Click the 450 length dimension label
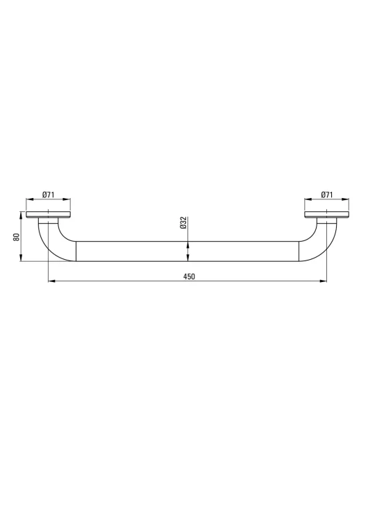(x=189, y=276)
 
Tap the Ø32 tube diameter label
(x=183, y=222)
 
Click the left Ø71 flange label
(x=48, y=195)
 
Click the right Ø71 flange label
(x=327, y=195)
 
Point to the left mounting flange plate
(x=48, y=215)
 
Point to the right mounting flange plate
(x=327, y=215)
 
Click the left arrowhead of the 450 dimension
(x=52, y=281)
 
